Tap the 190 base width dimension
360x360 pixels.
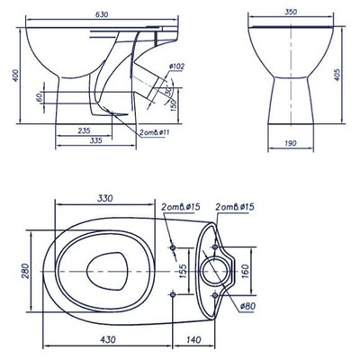point(289,142)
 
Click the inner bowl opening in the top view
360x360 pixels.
point(105,269)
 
